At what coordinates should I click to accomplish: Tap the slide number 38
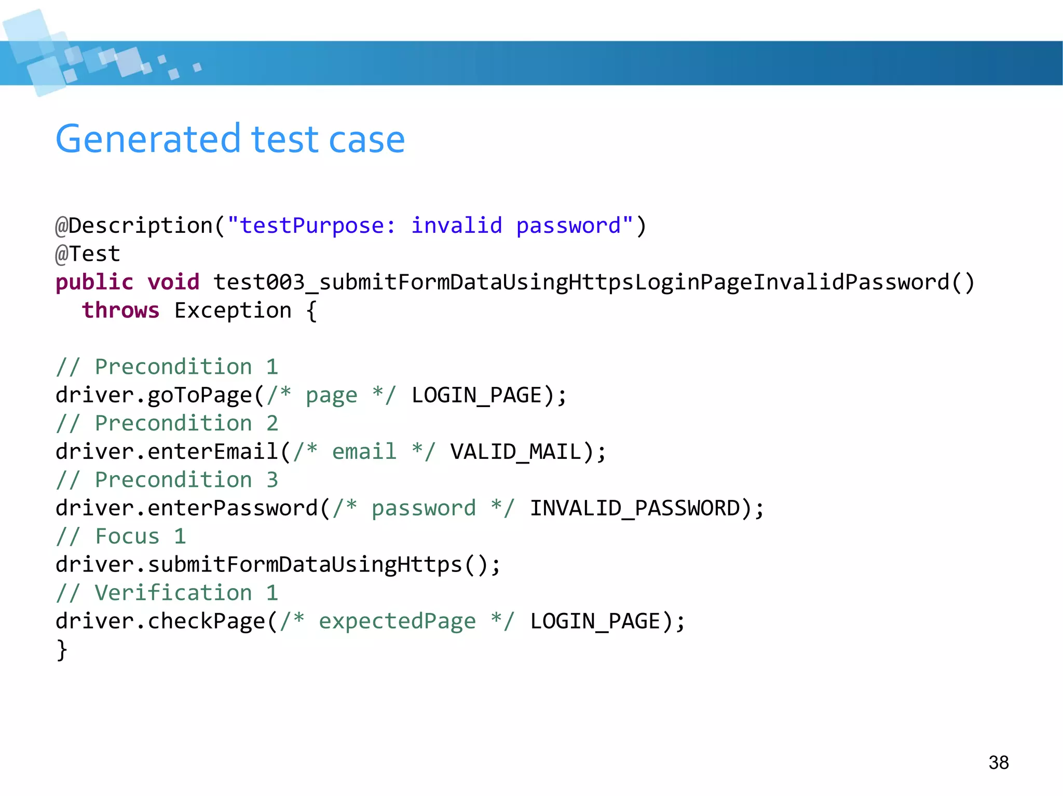(998, 762)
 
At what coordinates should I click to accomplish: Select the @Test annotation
(88, 254)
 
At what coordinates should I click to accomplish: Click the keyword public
(94, 282)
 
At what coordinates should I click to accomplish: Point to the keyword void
(173, 282)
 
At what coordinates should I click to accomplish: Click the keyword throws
(120, 311)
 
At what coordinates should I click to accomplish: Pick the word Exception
(233, 311)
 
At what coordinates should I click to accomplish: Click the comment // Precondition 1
(167, 367)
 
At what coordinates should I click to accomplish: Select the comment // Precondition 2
(167, 424)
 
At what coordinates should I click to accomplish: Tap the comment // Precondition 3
(167, 480)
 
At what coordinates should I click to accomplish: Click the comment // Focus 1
(121, 536)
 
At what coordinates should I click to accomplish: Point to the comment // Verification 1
(167, 593)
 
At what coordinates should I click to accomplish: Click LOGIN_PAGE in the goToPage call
(476, 395)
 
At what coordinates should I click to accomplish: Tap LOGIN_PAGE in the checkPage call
(595, 621)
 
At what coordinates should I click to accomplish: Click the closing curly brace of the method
(62, 650)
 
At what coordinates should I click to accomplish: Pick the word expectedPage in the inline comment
(397, 621)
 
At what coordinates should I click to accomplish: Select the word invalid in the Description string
(457, 226)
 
